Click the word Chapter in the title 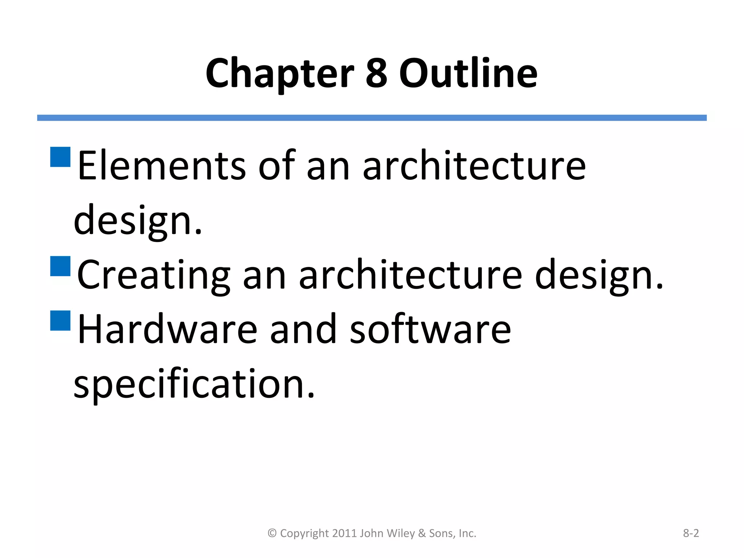coord(279,74)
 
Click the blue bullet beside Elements coord(60,157)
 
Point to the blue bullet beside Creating coord(60,266)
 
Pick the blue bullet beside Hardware coord(60,320)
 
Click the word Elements coord(162,166)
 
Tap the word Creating coord(153,275)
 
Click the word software coord(430,329)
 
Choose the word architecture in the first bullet coord(474,166)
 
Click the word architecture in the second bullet coord(410,275)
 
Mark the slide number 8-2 coord(691,533)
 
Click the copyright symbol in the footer coord(272,533)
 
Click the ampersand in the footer coord(422,533)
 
